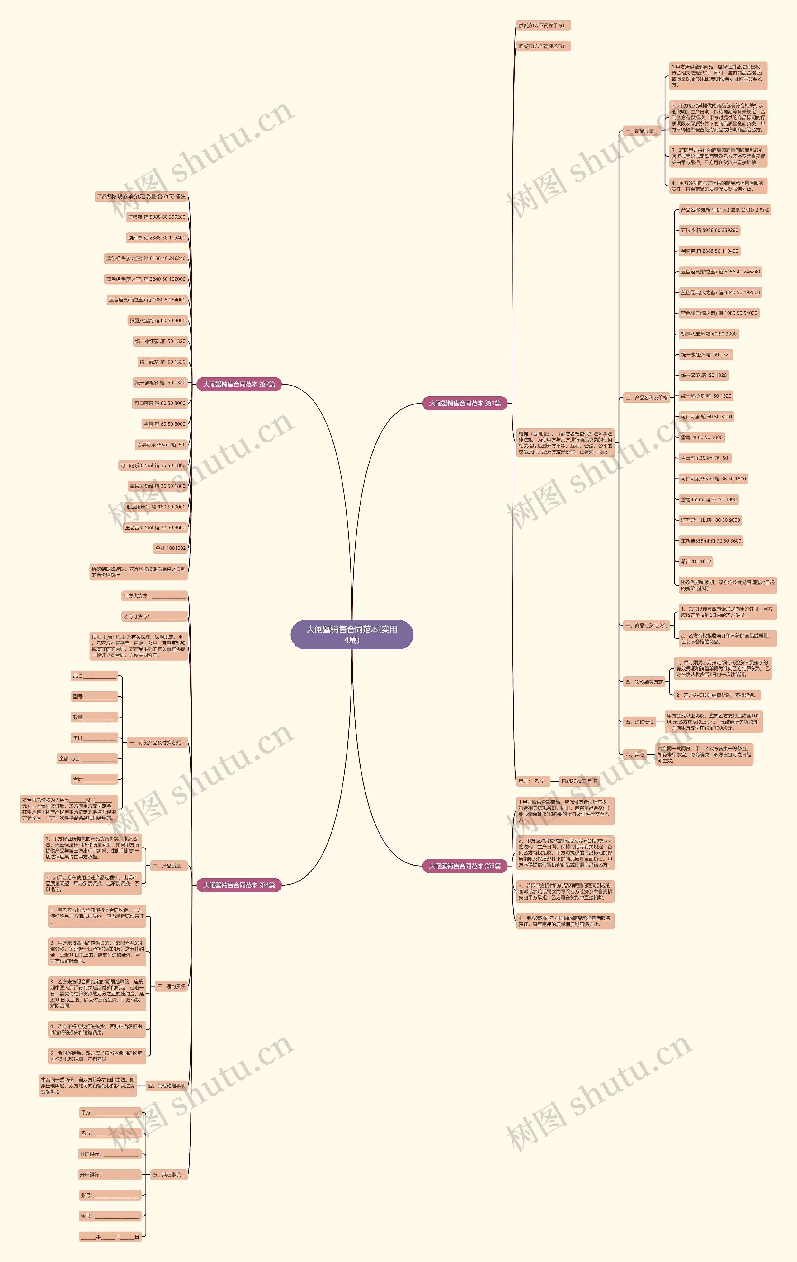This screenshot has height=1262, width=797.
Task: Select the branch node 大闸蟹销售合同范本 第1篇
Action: (x=465, y=403)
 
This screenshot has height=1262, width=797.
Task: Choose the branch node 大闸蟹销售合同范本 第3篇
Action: (x=465, y=866)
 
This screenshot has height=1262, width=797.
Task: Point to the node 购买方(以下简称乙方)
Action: (x=543, y=46)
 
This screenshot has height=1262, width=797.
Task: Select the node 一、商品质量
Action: (x=640, y=130)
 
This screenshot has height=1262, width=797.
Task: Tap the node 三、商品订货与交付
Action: (x=646, y=625)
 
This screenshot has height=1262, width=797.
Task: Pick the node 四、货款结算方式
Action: (x=644, y=682)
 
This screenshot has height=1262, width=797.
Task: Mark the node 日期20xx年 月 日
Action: (x=579, y=781)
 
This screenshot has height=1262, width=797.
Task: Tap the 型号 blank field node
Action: (x=94, y=697)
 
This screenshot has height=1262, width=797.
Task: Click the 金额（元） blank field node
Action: (x=87, y=758)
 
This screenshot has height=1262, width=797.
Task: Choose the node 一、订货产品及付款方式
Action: (x=156, y=743)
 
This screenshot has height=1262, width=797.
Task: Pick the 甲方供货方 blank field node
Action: (x=154, y=596)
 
